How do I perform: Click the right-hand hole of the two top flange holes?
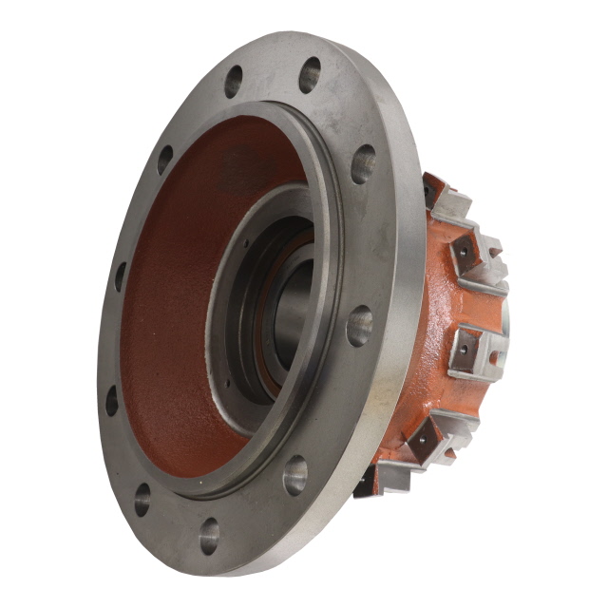310,75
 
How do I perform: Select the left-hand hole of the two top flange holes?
234,82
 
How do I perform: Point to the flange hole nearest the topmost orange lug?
363,163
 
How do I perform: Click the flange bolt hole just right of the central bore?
359,326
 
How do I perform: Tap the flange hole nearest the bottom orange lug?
295,474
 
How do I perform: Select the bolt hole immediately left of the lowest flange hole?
143,500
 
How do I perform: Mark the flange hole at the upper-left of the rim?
165,159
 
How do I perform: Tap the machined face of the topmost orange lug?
446,199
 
